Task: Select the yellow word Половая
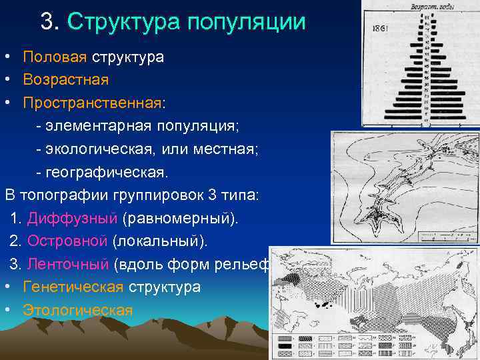[x=55, y=57]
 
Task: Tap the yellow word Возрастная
[x=65, y=79]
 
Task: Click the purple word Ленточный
[x=68, y=264]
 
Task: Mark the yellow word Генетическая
[x=73, y=287]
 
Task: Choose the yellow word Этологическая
[x=77, y=310]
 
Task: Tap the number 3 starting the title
[x=47, y=23]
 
